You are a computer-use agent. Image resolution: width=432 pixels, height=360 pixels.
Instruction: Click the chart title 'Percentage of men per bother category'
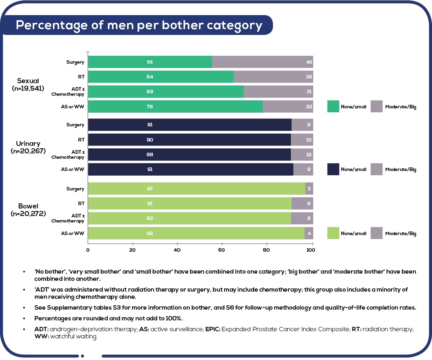click(x=139, y=25)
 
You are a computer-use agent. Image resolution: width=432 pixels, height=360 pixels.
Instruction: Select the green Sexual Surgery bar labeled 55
click(x=150, y=62)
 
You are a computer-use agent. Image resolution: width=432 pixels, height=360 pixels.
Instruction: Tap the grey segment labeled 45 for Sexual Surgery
click(x=262, y=62)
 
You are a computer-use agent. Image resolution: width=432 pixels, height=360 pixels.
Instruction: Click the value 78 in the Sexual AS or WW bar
click(x=150, y=107)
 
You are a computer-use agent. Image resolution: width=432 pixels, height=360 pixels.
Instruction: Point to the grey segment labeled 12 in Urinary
click(x=302, y=154)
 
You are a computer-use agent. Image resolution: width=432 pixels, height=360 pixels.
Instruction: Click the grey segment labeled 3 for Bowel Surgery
click(x=309, y=189)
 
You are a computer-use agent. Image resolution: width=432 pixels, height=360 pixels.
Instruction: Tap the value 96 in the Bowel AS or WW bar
click(x=150, y=233)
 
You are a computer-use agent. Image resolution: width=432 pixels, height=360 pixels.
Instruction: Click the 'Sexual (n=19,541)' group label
click(x=28, y=84)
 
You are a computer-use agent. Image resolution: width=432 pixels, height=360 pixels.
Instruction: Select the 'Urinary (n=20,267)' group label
click(x=28, y=148)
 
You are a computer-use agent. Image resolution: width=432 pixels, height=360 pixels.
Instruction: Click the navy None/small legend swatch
click(x=333, y=169)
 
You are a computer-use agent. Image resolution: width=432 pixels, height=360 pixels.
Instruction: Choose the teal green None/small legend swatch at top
click(x=333, y=107)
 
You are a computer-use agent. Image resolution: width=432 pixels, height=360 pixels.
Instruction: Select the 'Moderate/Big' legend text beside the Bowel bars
click(x=400, y=233)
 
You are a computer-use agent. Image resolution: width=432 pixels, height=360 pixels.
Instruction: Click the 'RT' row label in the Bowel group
click(x=81, y=203)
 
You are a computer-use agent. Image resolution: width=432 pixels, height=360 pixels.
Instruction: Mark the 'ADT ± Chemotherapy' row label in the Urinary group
click(x=68, y=154)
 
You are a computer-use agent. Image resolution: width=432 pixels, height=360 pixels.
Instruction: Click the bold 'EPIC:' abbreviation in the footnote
click(x=213, y=329)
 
